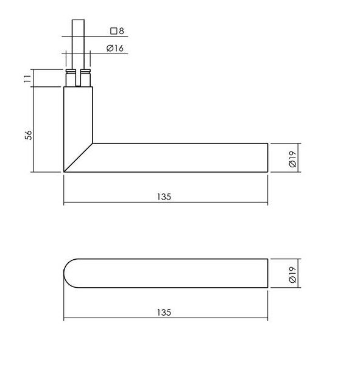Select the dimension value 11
point(27,78)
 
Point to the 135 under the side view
point(164,196)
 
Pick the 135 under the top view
point(164,311)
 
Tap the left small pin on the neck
point(71,79)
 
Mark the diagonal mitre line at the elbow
point(78,158)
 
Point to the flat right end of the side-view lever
point(267,158)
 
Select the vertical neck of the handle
point(78,116)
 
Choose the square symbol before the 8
point(112,30)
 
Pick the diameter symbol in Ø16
point(110,49)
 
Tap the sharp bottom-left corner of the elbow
point(64,172)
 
